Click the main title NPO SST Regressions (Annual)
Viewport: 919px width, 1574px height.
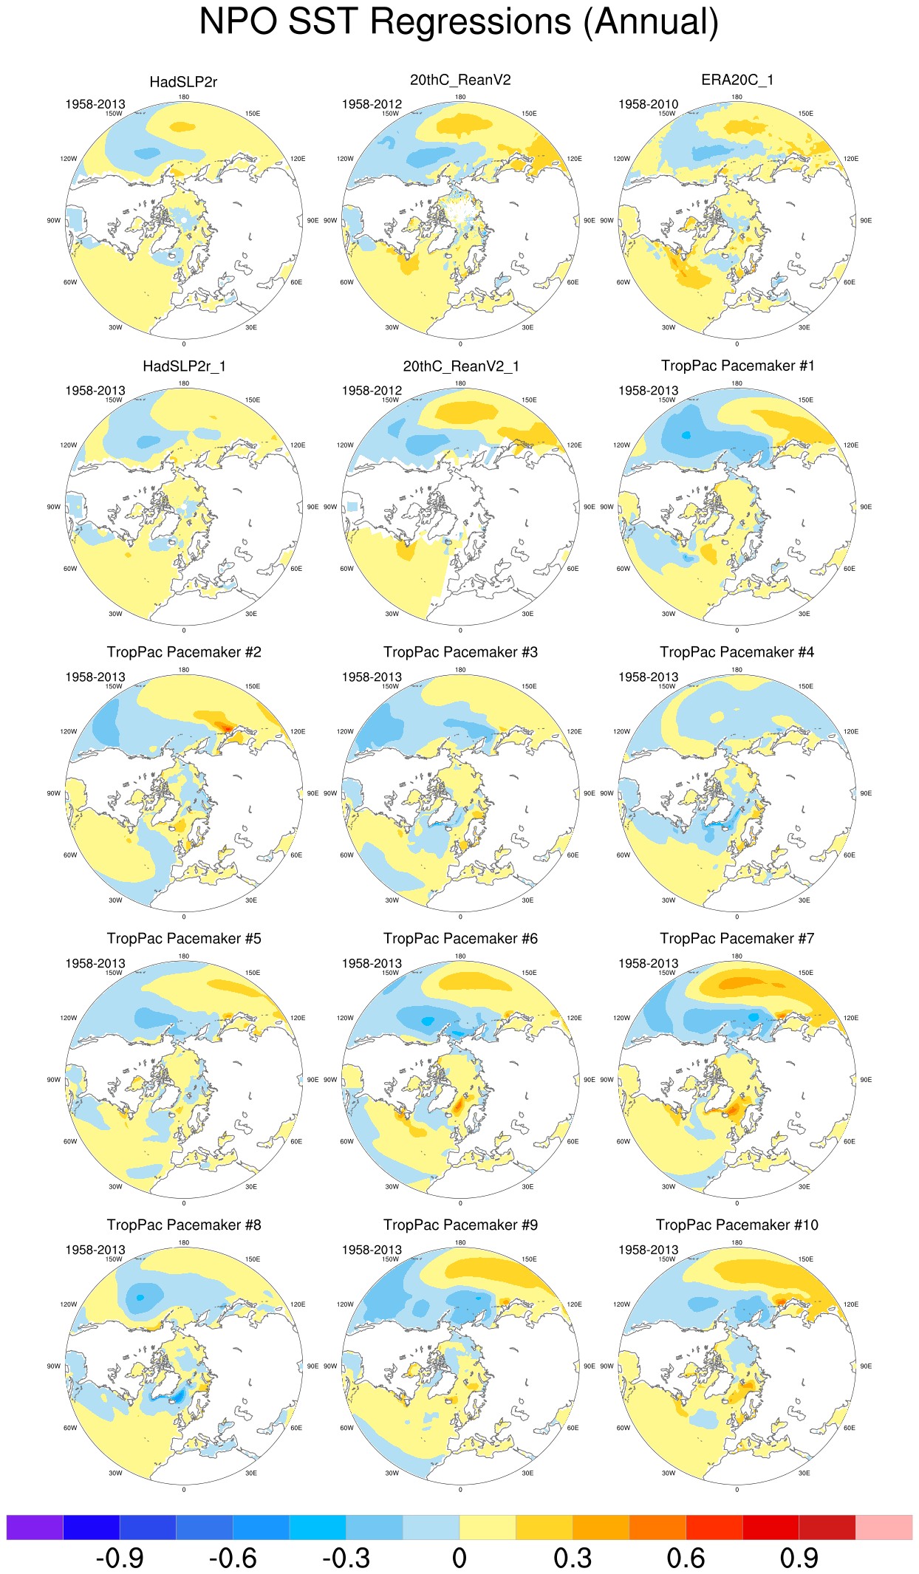coord(459,22)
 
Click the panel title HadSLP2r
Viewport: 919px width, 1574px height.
coord(183,82)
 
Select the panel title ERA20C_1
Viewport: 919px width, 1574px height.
coord(737,80)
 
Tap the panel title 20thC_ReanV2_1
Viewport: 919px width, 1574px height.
coord(460,366)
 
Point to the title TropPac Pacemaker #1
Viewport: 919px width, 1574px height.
coord(737,366)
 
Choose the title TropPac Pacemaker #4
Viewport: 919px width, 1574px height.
coord(737,652)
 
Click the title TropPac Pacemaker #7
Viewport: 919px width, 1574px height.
coord(737,939)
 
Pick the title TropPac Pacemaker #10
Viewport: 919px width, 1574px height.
coord(737,1225)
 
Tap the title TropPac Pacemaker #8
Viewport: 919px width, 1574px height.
coord(183,1225)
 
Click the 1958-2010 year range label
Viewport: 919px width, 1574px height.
coord(648,104)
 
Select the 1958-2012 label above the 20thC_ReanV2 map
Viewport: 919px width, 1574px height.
coord(372,104)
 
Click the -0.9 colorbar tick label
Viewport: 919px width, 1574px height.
coord(120,1558)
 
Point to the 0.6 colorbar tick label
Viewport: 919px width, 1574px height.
coord(686,1558)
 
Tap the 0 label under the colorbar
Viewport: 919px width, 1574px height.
coord(459,1558)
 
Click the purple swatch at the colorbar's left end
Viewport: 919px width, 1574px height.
coord(35,1527)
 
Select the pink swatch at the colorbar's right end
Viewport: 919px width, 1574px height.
coord(884,1527)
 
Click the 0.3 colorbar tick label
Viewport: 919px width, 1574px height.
coord(573,1558)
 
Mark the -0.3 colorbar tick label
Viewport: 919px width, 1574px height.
coord(346,1558)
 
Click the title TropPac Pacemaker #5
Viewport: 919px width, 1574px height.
coord(183,939)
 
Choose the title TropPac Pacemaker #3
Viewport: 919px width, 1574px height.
coord(460,652)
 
